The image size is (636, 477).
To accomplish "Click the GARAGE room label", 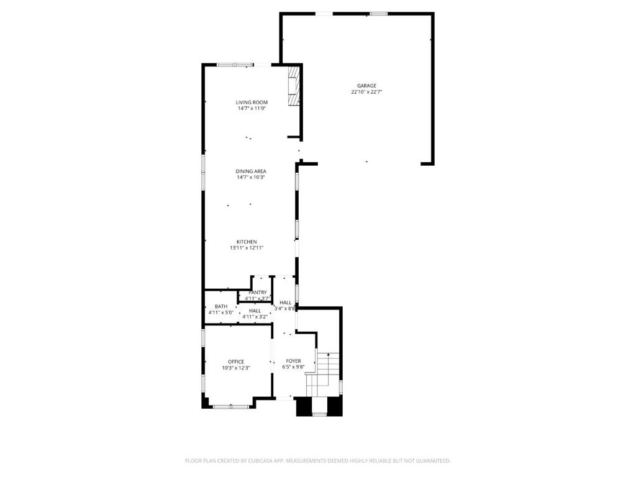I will point(366,86).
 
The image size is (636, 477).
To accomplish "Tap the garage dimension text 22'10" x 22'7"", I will point(366,92).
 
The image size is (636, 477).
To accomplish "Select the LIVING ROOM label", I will point(252,102).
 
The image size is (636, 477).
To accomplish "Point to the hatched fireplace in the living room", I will point(293,87).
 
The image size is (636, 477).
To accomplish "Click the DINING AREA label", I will point(251,171).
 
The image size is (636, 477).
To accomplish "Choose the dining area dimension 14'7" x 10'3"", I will point(251,178).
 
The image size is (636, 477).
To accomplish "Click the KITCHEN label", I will point(247,242).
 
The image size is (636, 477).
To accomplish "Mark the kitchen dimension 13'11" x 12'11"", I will point(247,248).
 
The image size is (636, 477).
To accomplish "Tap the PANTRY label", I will point(258,293).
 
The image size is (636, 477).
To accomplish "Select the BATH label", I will point(221,306).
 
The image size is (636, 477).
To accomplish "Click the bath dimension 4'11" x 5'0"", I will point(221,312).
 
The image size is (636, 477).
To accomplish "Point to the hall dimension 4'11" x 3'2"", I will point(255,317).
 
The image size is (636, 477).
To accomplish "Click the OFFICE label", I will point(236,361).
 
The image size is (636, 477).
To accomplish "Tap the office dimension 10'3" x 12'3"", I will point(236,368).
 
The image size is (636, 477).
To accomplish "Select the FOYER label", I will point(293,361).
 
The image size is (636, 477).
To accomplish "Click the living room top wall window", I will point(235,64).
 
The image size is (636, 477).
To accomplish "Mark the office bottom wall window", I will point(231,406).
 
